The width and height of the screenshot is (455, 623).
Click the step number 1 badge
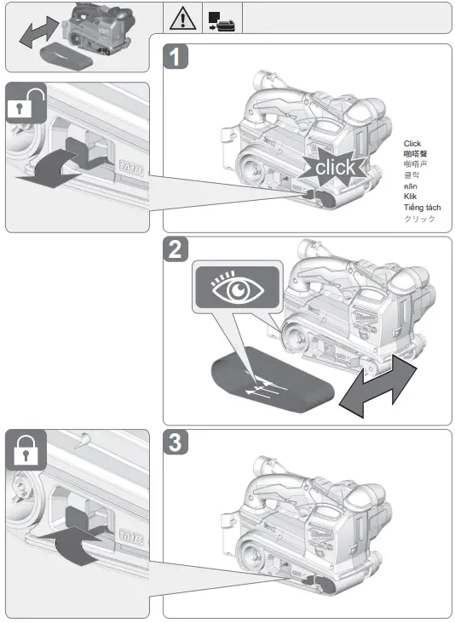176,60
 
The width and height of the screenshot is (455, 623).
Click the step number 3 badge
176,444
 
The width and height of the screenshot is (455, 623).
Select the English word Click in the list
412,144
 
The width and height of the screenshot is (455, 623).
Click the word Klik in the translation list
412,197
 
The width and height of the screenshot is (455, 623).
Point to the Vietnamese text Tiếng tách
422,208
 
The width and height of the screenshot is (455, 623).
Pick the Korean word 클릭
411,174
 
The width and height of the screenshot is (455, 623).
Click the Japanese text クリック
418,219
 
